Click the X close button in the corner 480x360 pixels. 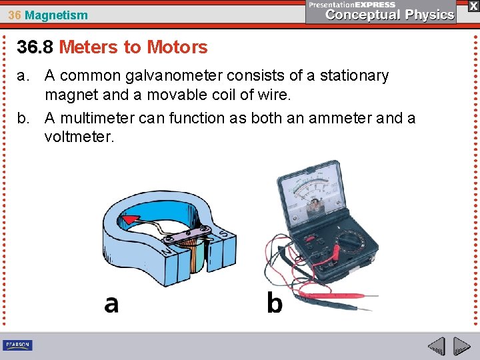click(473, 5)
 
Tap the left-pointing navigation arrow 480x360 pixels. click(436, 347)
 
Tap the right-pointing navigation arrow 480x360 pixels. click(461, 347)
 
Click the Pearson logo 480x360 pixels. click(17, 345)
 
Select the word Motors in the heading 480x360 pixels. click(177, 47)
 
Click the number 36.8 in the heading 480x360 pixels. click(35, 47)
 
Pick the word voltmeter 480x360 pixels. click(79, 137)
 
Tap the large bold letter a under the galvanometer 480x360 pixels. click(111, 303)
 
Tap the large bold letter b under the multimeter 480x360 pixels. click(274, 303)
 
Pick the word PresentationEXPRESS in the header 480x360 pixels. click(352, 5)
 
